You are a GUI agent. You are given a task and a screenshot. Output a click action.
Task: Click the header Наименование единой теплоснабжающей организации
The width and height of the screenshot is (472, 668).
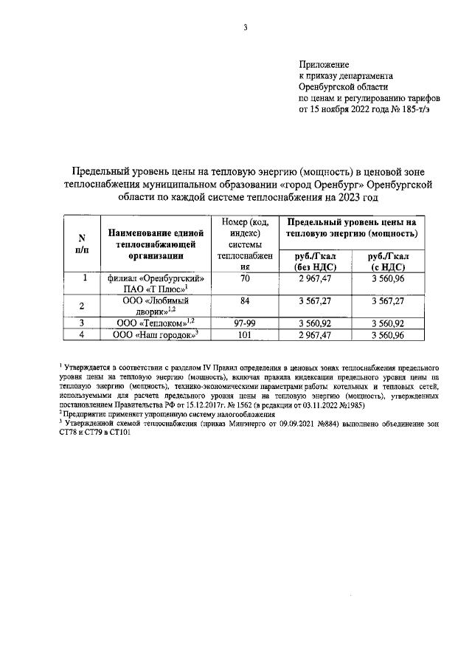click(156, 244)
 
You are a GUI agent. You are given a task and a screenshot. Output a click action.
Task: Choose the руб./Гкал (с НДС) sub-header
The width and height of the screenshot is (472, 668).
click(389, 261)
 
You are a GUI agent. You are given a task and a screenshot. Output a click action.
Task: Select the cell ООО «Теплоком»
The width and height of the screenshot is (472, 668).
click(156, 323)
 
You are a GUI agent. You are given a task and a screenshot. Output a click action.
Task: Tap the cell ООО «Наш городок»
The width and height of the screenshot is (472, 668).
click(156, 334)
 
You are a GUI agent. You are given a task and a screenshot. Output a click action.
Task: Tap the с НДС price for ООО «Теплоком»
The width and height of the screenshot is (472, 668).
click(389, 323)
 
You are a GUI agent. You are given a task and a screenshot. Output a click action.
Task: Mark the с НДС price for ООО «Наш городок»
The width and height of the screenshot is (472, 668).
click(389, 334)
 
